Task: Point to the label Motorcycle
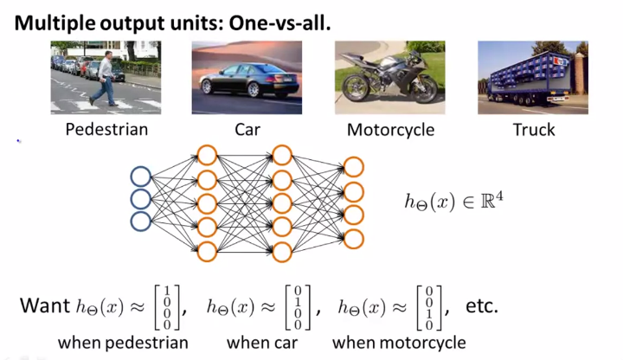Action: coord(390,131)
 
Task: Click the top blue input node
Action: coord(139,177)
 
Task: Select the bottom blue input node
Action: coord(139,222)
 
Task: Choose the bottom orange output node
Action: coord(353,239)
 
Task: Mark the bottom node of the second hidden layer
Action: coord(281,252)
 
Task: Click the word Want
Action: coord(45,307)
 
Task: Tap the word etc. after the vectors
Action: coord(481,307)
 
